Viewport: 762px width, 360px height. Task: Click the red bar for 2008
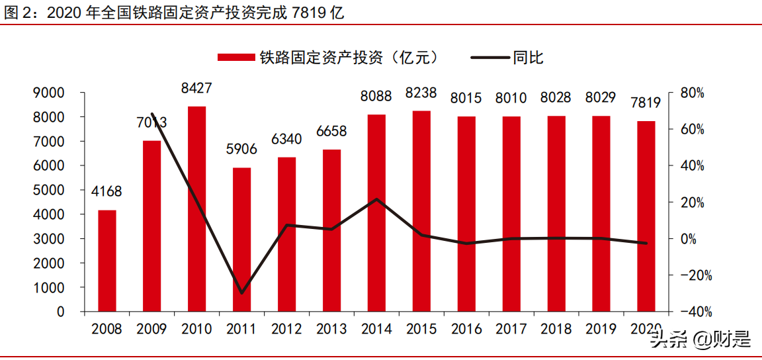coord(107,261)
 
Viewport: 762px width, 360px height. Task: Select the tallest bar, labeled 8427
coord(197,208)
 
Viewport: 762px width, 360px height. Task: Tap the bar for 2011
coord(242,240)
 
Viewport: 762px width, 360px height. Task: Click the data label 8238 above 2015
coord(421,94)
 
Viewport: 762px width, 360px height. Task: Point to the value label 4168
coord(106,193)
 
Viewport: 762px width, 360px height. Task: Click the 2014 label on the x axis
coord(377,329)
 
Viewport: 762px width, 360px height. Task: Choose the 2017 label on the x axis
coord(511,329)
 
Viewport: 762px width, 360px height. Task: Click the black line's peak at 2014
coord(377,199)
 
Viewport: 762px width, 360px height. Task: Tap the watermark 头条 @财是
coord(700,340)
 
